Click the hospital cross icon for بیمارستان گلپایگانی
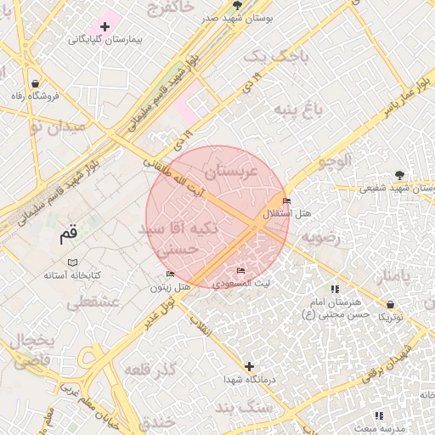pos(105,27)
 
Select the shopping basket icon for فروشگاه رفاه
pos(35,83)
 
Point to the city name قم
pos(68,234)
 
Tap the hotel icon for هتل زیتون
pos(170,274)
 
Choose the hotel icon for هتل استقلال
pos(286,201)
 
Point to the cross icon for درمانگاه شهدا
pos(248,367)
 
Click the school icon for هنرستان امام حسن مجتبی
pos(334,289)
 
